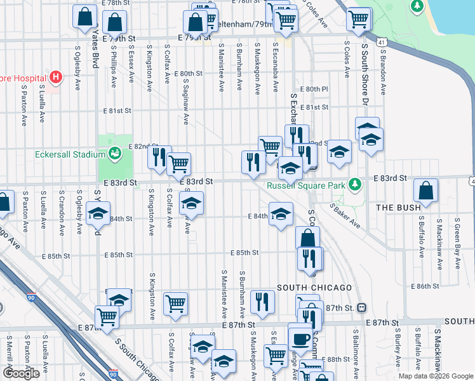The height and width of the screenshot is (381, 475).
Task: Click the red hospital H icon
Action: [x=56, y=78]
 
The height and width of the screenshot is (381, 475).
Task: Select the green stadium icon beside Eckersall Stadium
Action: [x=114, y=153]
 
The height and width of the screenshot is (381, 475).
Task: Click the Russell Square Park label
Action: [x=305, y=185]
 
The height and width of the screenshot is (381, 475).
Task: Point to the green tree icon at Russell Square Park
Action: [x=356, y=184]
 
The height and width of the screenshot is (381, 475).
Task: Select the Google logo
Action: [x=21, y=373]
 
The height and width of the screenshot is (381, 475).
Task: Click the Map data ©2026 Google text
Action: [x=435, y=376]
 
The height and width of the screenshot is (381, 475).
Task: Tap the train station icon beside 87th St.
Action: [x=361, y=307]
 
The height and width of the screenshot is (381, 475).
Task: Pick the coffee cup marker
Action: [x=300, y=337]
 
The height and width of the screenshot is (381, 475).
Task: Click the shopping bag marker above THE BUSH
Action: [x=425, y=190]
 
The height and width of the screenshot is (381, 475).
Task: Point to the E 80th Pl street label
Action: [x=315, y=90]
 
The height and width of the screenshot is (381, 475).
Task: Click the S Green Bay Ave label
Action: [x=457, y=237]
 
